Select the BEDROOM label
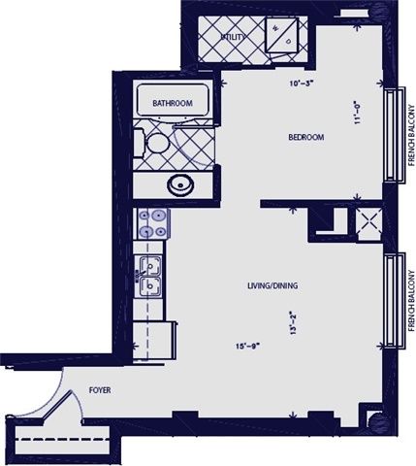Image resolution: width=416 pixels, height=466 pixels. (x=305, y=137)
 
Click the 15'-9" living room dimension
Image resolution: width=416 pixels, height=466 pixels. (x=250, y=347)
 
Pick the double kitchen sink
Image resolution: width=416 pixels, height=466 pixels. (x=149, y=277)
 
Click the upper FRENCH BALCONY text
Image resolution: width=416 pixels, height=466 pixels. (x=410, y=135)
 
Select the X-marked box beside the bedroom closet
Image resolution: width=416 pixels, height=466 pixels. (x=368, y=223)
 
